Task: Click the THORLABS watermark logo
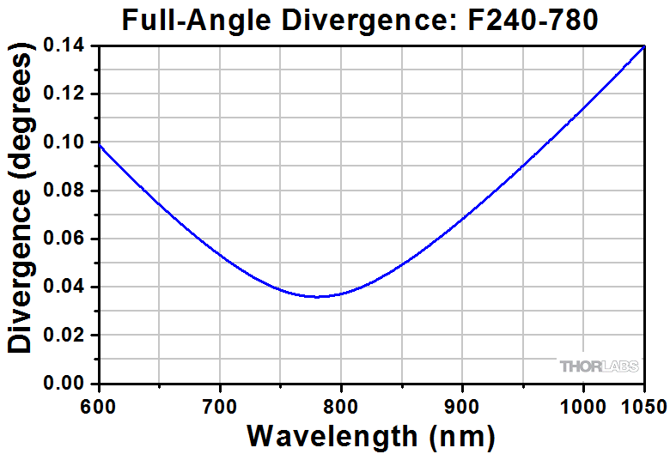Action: (599, 366)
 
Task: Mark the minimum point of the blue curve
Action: (318, 297)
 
